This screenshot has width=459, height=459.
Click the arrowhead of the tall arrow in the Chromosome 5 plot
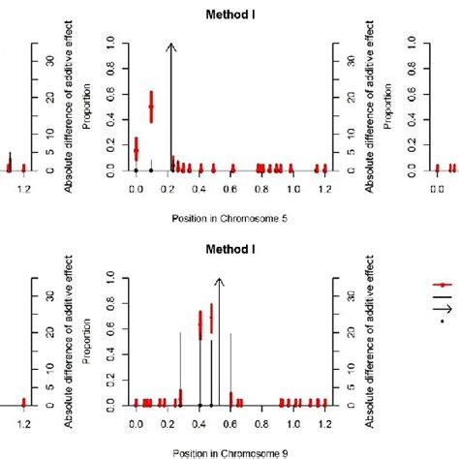coord(170,46)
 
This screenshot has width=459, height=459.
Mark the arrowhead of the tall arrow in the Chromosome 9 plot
coord(218,281)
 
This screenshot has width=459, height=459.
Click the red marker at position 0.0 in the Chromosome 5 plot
coord(136,149)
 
